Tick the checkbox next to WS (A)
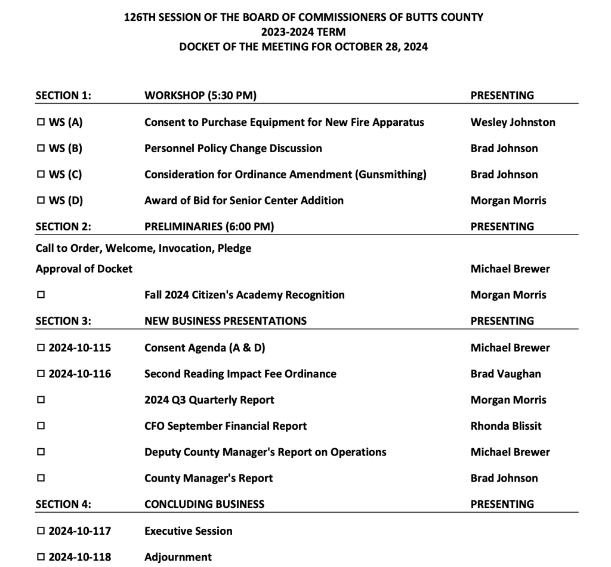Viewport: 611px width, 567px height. [x=41, y=122]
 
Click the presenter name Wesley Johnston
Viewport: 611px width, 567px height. [x=513, y=122]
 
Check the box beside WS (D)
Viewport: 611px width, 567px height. [x=41, y=201]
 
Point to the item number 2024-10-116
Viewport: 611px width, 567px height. [x=80, y=374]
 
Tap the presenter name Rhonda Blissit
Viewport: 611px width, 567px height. [x=506, y=426]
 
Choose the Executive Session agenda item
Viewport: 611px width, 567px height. [x=188, y=531]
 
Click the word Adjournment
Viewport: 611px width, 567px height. [x=178, y=557]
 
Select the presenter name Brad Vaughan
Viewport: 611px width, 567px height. [x=505, y=374]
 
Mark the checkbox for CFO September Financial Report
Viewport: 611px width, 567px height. [x=41, y=426]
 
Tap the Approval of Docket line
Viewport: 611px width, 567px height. [x=84, y=269]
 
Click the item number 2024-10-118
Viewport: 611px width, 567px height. [x=80, y=557]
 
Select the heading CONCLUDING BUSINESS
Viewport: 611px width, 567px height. [x=204, y=504]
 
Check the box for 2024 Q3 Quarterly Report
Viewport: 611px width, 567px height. [x=41, y=400]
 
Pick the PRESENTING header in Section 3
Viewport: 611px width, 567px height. [x=502, y=321]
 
